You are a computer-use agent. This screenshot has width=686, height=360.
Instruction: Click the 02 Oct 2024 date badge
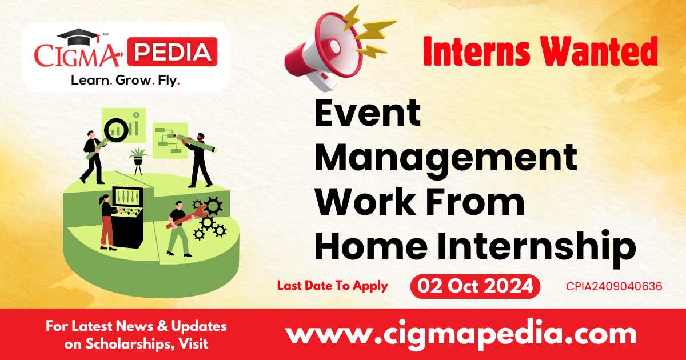475,286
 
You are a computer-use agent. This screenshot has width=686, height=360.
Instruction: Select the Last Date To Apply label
333,286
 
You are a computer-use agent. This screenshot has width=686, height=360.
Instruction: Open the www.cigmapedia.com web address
460,334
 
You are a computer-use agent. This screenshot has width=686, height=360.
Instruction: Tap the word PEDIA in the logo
172,53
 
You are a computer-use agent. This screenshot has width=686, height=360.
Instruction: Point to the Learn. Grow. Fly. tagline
125,81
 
